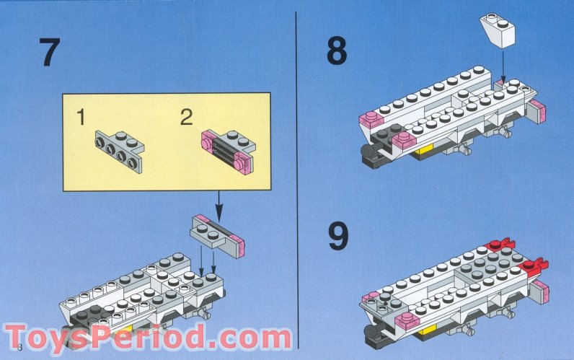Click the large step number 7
pyautogui.click(x=50, y=53)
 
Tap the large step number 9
pyautogui.click(x=339, y=237)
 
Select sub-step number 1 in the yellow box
pyautogui.click(x=81, y=117)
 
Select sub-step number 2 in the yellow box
pyautogui.click(x=186, y=117)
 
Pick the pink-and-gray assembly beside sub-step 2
pyautogui.click(x=229, y=152)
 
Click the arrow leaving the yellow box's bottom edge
pyautogui.click(x=219, y=206)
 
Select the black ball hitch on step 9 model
pyautogui.click(x=371, y=331)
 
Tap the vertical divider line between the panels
pyautogui.click(x=296, y=180)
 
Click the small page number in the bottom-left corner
pyautogui.click(x=19, y=347)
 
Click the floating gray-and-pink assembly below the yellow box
pyautogui.click(x=217, y=236)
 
